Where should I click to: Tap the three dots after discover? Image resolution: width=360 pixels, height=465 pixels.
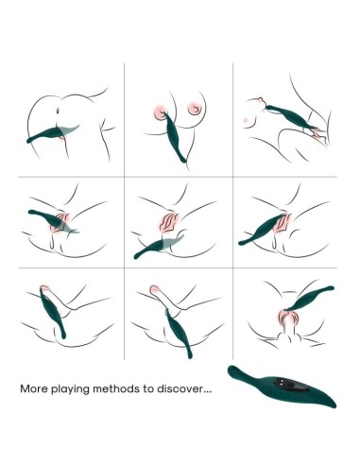pos(206,391)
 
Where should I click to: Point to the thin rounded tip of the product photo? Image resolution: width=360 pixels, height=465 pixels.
pos(231,370)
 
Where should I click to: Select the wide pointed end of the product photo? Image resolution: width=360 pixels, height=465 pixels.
pos(334,405)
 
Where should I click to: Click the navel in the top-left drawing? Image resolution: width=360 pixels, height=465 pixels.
pos(58,112)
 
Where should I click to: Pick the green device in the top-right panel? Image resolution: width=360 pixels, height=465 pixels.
pos(290,117)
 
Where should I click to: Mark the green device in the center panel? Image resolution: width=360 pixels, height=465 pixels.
pos(158,246)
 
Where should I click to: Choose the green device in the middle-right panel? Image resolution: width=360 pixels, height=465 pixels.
pos(263,229)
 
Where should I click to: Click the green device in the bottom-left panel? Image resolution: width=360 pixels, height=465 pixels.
pos(53,314)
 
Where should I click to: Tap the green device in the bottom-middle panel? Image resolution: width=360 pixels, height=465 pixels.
pos(179,334)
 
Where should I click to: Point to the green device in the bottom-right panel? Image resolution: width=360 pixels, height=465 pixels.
pos(309,299)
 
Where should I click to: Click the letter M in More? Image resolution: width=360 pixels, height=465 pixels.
pos(25,388)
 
